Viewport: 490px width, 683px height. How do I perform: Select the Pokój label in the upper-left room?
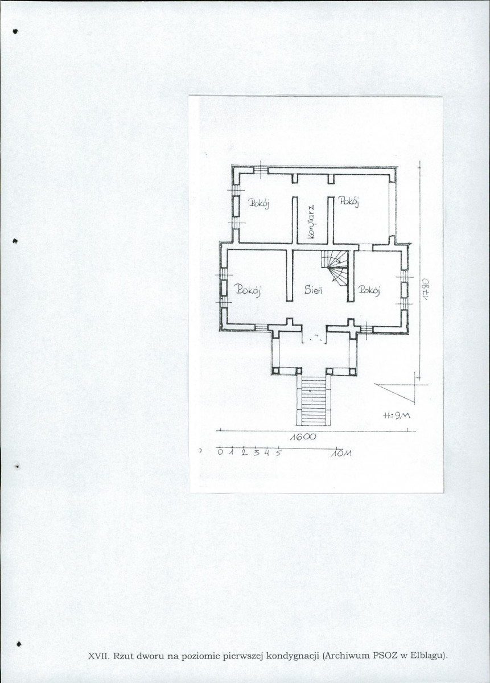[x=259, y=203]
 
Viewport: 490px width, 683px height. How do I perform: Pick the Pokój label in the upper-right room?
[x=348, y=201]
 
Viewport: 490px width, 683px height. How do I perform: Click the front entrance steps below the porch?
[x=314, y=401]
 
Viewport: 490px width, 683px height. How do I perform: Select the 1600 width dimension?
[x=303, y=437]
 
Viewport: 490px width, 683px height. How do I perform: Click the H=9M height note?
[x=397, y=416]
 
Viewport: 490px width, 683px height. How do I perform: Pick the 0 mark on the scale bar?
[x=220, y=452]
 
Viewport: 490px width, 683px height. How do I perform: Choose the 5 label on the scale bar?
[x=278, y=453]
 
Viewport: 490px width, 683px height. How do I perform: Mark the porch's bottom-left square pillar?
[x=275, y=371]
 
